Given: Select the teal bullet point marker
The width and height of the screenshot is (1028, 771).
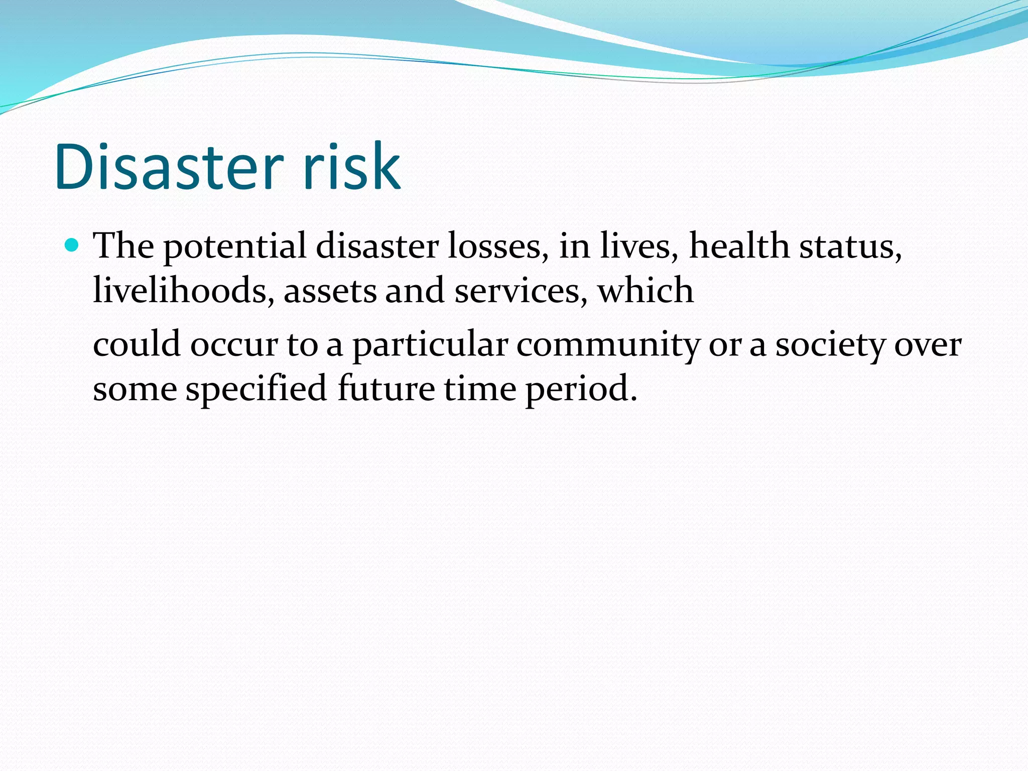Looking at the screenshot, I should (x=72, y=245).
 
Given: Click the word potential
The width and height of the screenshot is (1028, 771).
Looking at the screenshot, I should (x=235, y=247).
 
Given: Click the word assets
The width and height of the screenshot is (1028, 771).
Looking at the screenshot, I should (x=330, y=292).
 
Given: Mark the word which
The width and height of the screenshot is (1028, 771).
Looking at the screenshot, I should (x=646, y=291).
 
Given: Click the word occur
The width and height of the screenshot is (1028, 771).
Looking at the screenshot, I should (x=234, y=346).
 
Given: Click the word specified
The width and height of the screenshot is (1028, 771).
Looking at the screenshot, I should (x=256, y=390).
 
